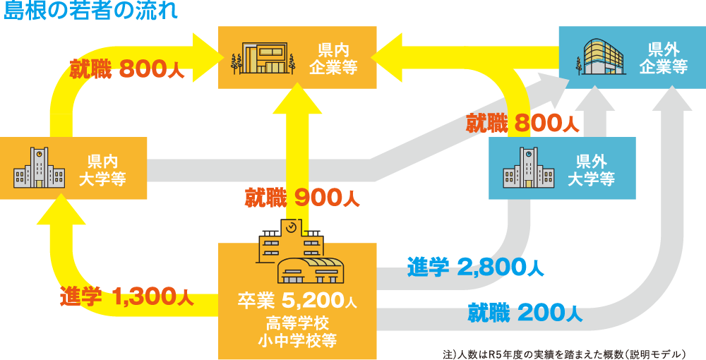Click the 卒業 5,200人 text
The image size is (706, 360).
(297, 301)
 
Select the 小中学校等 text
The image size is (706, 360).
(297, 342)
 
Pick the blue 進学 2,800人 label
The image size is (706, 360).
(474, 267)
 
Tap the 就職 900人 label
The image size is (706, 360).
(302, 198)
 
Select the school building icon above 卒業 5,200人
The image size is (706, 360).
(299, 251)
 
